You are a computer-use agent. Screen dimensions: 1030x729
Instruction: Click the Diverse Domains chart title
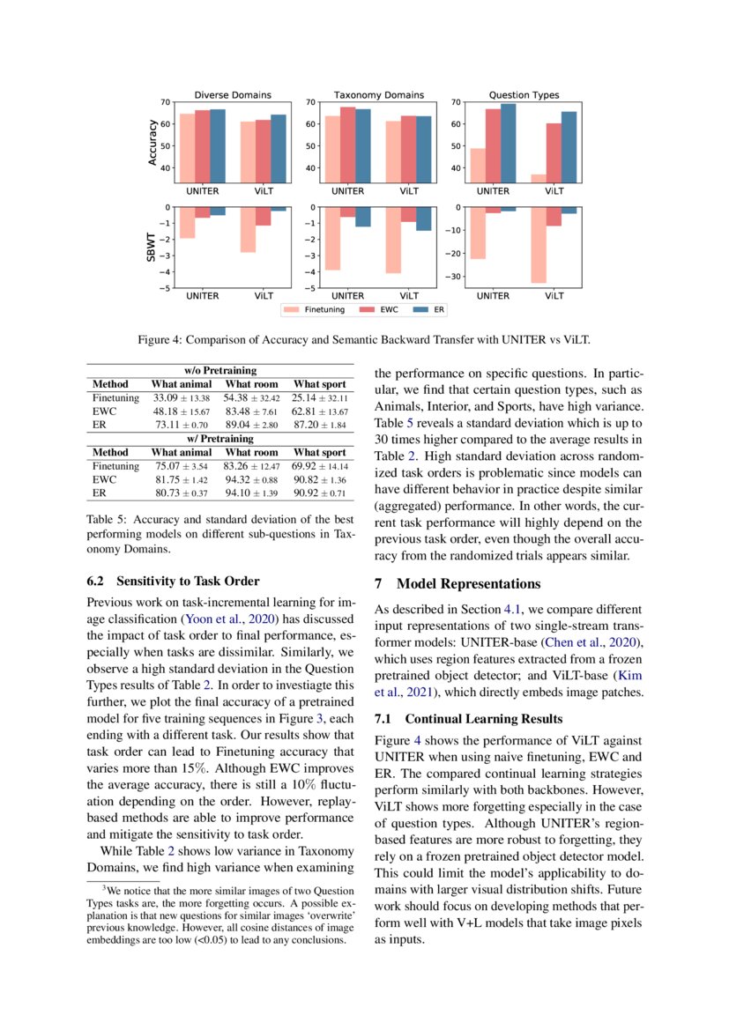pos(233,94)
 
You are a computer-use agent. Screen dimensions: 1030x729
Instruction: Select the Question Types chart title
pos(524,94)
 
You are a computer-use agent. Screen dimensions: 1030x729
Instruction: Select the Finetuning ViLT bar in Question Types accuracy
pos(538,178)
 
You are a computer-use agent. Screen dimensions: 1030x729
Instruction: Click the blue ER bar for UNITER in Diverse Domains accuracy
pos(217,146)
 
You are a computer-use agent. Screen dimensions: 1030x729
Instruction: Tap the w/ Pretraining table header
pos(220,438)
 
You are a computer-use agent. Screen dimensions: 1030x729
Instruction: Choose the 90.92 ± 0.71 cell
pos(320,493)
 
